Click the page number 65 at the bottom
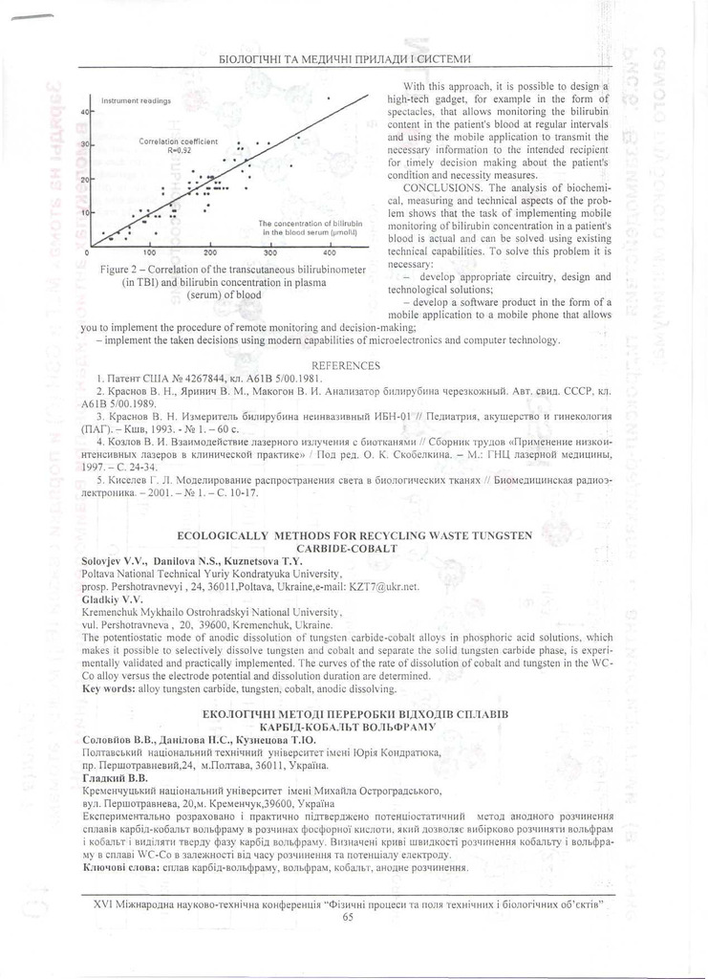click(x=347, y=918)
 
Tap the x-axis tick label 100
click(x=149, y=254)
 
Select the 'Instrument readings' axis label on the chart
click(x=135, y=99)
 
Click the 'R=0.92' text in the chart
click(x=180, y=150)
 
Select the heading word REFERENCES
click(x=346, y=365)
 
